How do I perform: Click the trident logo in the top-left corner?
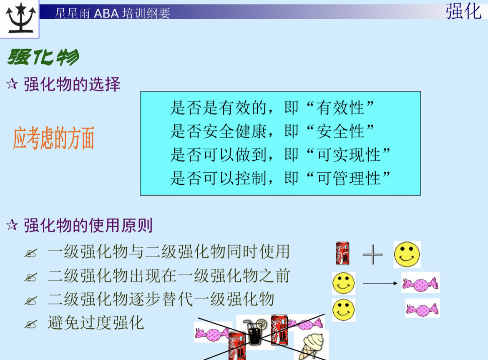tap(19, 19)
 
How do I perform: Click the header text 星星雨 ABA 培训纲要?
tap(113, 13)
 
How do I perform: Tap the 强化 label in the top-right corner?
tap(463, 11)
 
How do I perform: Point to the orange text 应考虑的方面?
tap(54, 139)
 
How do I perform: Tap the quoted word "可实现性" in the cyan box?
tap(348, 155)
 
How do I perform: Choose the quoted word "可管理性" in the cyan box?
tap(348, 178)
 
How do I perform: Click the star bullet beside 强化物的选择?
tap(12, 85)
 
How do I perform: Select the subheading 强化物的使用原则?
tap(88, 226)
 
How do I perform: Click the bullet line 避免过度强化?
tap(96, 322)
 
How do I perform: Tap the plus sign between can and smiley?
tap(372, 254)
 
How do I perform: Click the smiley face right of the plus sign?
tap(407, 254)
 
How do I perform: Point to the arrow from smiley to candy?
tap(380, 284)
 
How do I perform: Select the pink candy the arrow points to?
tap(420, 283)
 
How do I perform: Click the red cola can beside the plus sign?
tap(343, 254)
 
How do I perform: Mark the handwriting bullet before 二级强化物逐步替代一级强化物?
tap(30, 300)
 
